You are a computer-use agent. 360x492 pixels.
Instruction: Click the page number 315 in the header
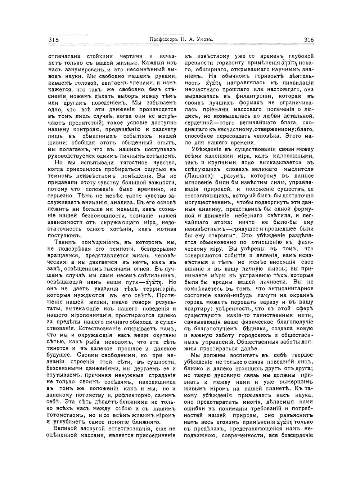coord(54,40)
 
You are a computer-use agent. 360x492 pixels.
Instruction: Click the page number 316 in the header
coord(309,40)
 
